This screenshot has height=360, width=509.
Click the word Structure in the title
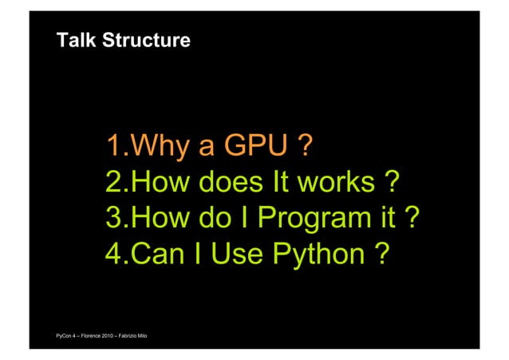tap(146, 40)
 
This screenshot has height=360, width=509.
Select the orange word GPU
tap(254, 147)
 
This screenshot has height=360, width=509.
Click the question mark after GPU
tap(302, 147)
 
